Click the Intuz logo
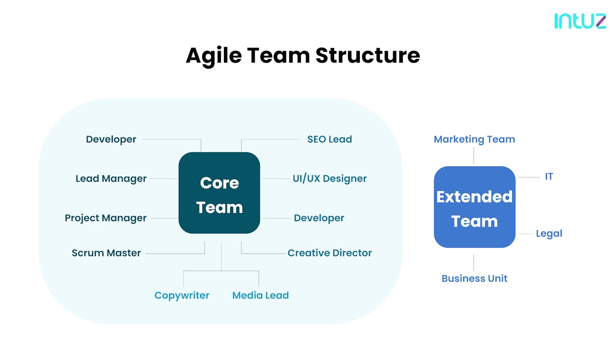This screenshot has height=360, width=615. [x=580, y=20]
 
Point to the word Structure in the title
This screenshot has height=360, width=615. [x=367, y=55]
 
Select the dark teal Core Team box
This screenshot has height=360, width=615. [x=219, y=193]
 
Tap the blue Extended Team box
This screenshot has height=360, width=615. [x=474, y=207]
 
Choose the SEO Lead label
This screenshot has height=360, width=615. [x=330, y=139]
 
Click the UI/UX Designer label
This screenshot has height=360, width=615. [x=330, y=179]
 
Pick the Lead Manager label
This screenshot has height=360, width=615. [x=111, y=179]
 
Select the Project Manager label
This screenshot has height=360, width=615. [x=106, y=218]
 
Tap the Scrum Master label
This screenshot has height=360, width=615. [x=106, y=253]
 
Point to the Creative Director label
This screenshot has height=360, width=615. [x=330, y=253]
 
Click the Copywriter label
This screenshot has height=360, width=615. [x=182, y=295]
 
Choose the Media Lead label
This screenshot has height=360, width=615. [x=260, y=295]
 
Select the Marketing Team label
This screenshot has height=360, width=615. [x=474, y=139]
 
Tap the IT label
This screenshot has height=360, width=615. [x=549, y=177]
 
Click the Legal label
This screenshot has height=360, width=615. [x=549, y=234]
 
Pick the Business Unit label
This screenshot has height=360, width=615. [x=474, y=279]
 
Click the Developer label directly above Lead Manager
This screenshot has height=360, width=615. [x=111, y=139]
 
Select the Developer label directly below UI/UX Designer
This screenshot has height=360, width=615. [x=319, y=218]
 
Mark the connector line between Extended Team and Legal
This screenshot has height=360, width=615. [x=525, y=234]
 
